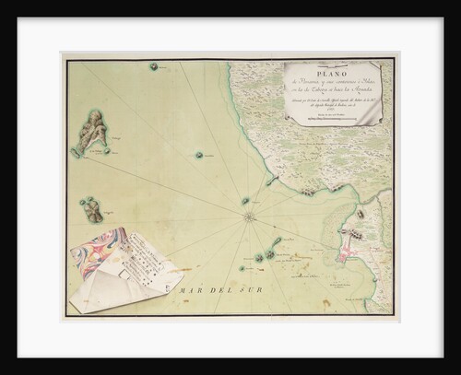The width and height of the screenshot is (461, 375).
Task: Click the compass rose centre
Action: click(249, 217)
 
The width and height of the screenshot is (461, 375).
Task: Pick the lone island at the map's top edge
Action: click(154, 66)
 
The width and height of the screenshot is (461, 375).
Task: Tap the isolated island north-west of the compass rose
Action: click(198, 155)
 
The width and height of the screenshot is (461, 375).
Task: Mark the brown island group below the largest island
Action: click(91, 210)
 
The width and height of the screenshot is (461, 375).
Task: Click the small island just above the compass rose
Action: click(245, 200)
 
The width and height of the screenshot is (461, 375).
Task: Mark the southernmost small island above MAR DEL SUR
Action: click(242, 269)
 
